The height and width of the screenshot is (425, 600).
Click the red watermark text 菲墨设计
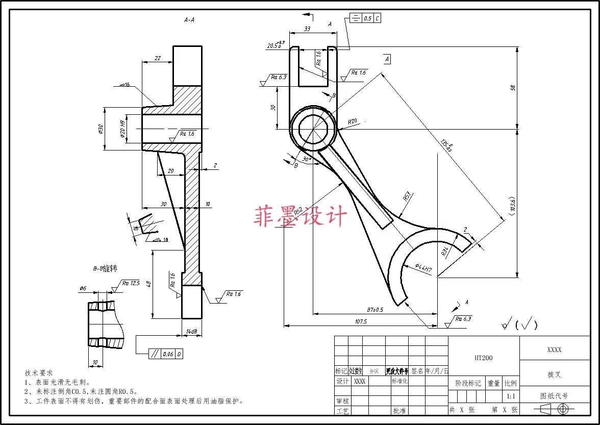coord(300,216)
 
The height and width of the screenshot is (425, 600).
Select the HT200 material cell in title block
coord(483,358)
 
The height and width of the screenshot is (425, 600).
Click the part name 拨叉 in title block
coord(554,374)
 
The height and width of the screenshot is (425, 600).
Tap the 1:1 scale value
coord(510,396)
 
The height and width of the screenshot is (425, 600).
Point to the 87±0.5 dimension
coord(374,310)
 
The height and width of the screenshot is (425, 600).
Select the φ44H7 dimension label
coord(423,267)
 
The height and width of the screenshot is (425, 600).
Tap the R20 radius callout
coord(353,122)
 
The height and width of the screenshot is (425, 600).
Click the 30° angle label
coord(306,159)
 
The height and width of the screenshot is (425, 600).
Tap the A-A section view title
coord(189,20)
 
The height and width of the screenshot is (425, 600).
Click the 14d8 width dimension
coord(192,332)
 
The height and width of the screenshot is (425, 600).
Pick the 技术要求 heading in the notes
coord(39,373)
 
